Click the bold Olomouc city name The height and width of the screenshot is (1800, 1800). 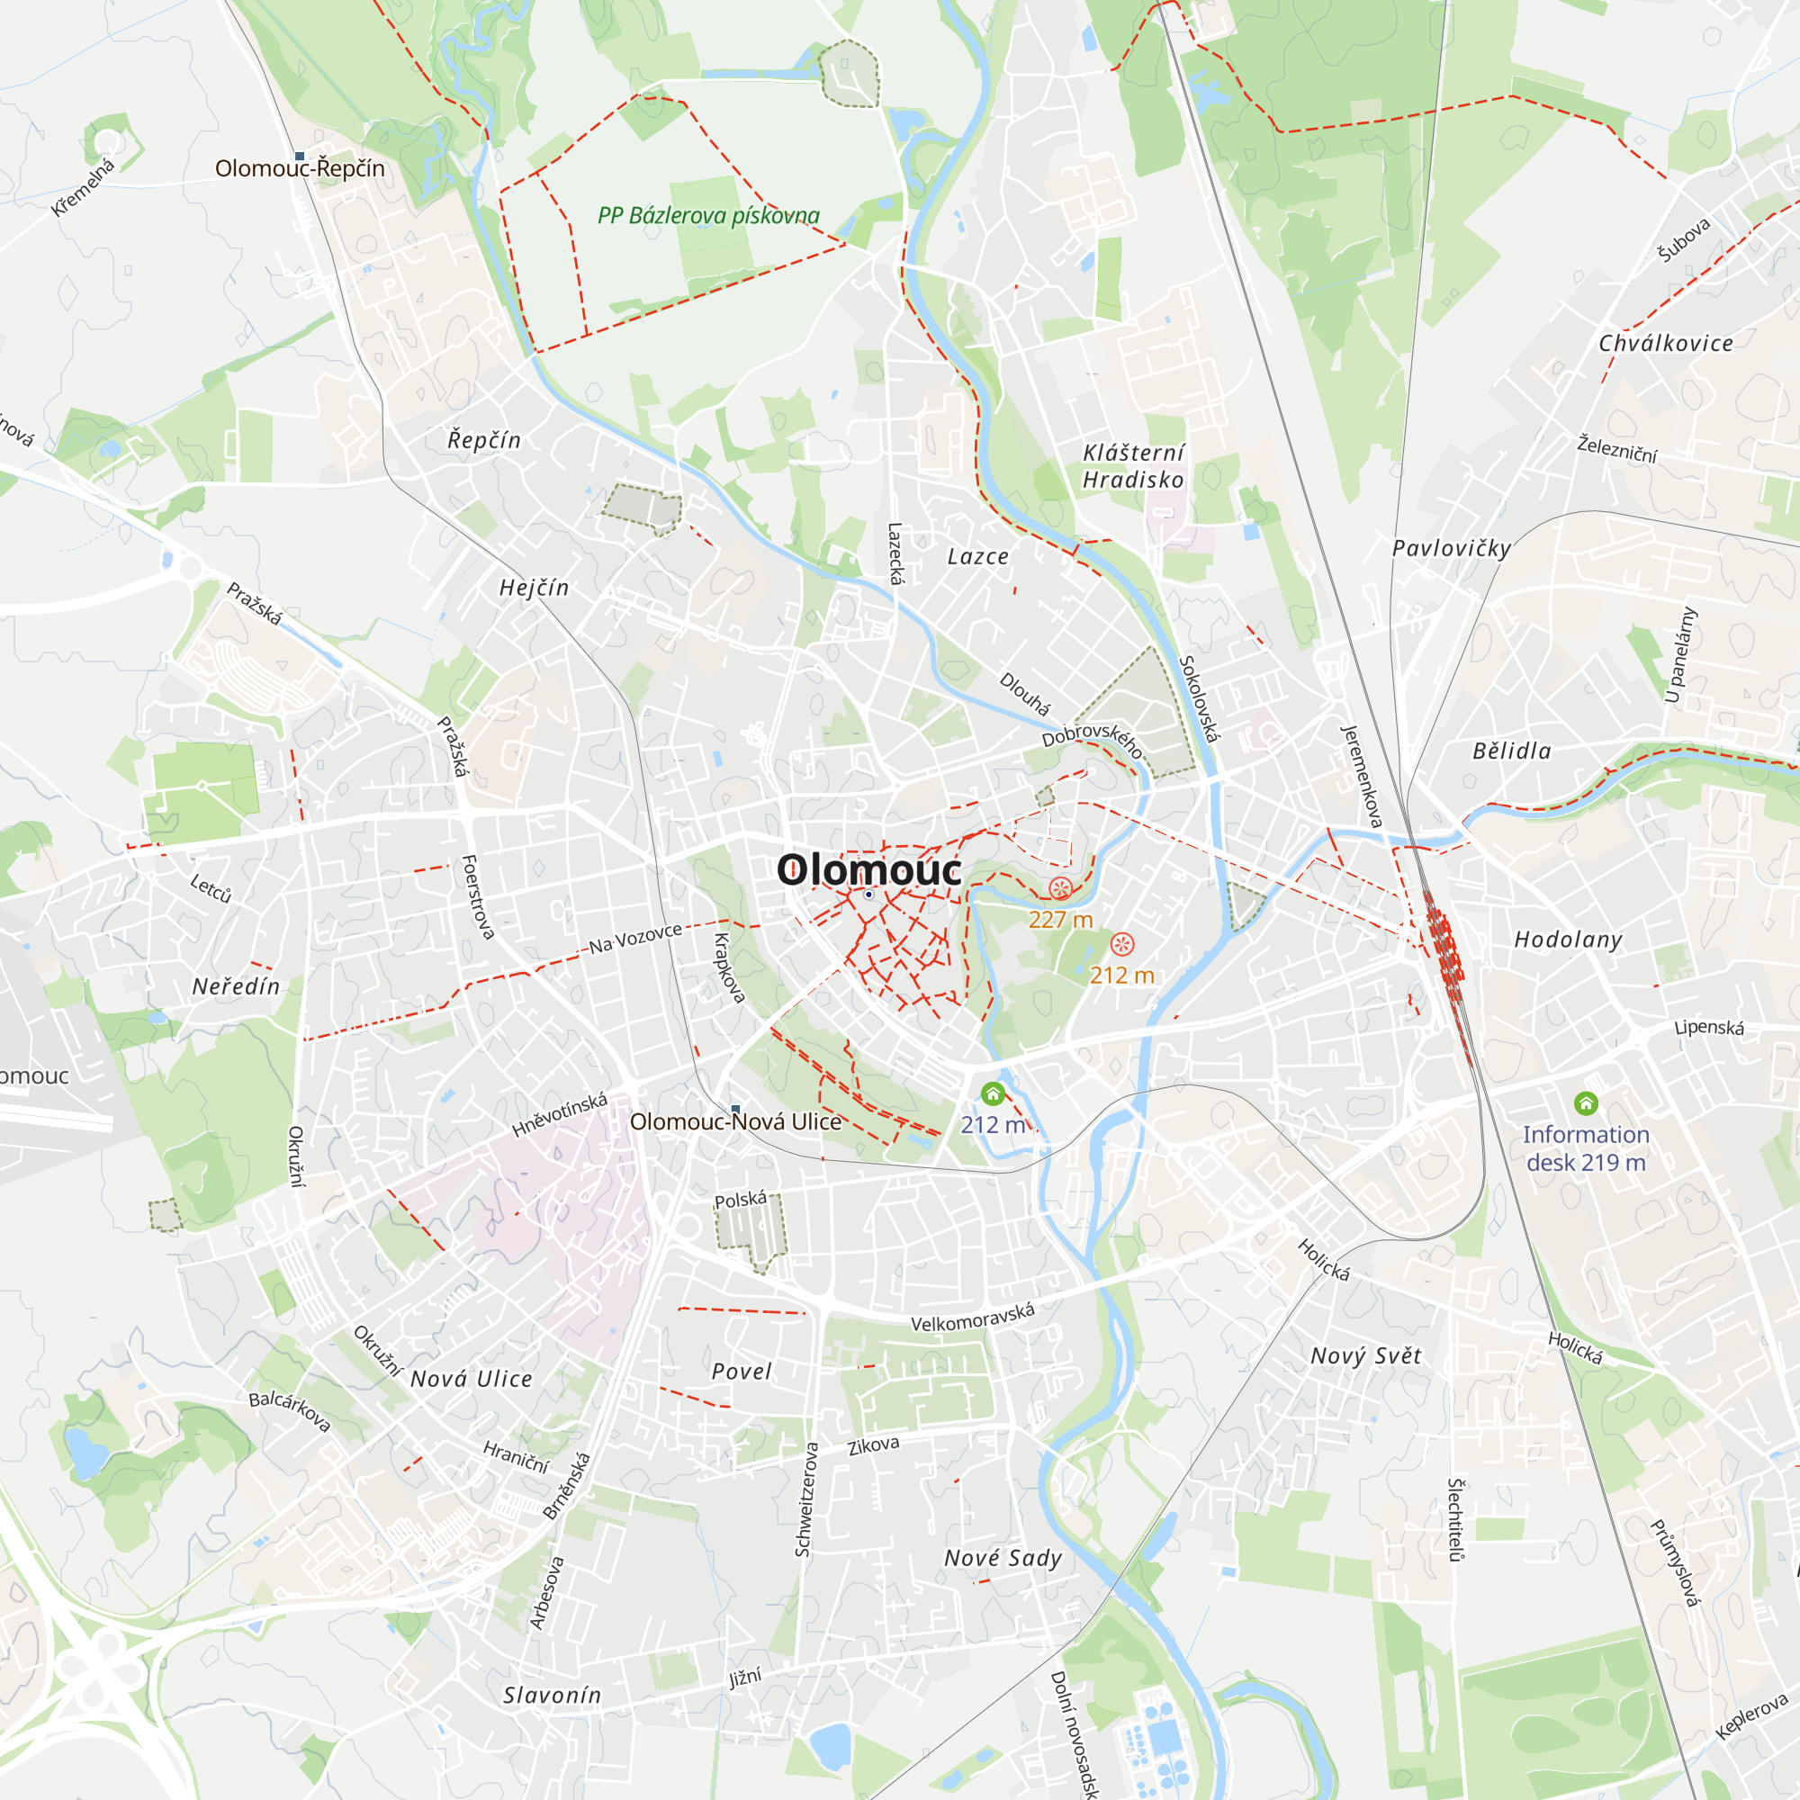point(868,870)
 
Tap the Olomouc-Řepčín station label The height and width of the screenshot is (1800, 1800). point(299,168)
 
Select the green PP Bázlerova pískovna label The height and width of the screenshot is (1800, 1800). point(708,216)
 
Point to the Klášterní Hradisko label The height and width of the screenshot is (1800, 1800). point(1133,466)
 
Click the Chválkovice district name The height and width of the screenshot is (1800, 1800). point(1666,344)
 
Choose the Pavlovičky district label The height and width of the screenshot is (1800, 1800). point(1451,549)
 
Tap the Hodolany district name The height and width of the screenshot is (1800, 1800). point(1568,940)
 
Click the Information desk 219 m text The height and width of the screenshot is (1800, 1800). point(1586,1147)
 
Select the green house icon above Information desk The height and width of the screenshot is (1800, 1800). point(1586,1104)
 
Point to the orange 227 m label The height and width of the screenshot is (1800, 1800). point(1060,921)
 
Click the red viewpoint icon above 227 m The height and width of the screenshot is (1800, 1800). point(1060,888)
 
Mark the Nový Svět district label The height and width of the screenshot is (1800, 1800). point(1366,1356)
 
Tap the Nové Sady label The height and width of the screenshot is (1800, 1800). point(1003,1558)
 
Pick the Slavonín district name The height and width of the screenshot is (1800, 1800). point(553,1695)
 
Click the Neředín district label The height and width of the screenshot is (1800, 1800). point(236,986)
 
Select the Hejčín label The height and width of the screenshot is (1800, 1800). point(534,588)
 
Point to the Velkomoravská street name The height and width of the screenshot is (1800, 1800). point(973,1318)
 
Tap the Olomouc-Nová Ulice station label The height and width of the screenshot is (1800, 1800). point(735,1121)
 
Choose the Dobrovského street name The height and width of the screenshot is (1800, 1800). point(1092,739)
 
